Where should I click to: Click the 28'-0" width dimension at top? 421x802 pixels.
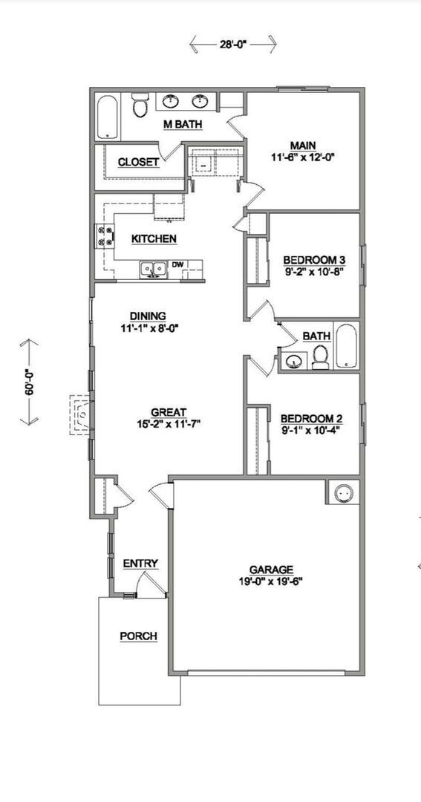(x=232, y=45)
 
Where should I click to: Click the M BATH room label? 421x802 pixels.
(x=183, y=125)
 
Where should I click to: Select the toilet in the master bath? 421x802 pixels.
(x=140, y=108)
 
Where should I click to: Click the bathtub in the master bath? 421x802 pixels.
(x=108, y=117)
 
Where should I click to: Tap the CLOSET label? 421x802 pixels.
(x=138, y=162)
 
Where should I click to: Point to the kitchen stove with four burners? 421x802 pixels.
(x=103, y=236)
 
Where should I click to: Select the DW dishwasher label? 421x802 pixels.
(x=178, y=264)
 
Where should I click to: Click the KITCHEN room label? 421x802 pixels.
(x=154, y=238)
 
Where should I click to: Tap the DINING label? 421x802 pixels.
(x=147, y=316)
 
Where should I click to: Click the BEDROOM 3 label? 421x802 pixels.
(x=314, y=260)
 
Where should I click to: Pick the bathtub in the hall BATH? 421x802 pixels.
(x=346, y=345)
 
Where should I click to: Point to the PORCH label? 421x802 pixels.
(x=138, y=636)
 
